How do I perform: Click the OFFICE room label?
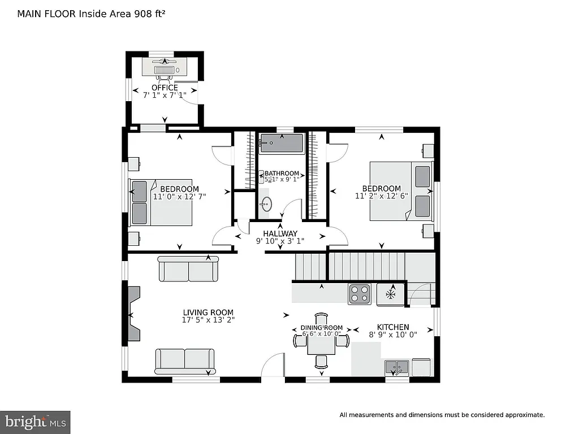165,88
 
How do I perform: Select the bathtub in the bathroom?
282,143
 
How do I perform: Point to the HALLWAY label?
280,233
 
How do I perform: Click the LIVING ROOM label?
208,313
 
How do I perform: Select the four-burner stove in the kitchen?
360,294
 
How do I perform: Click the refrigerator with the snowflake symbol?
391,294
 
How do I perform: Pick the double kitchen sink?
397,367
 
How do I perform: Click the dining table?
321,341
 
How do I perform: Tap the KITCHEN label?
393,327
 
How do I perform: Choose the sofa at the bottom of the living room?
185,361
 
